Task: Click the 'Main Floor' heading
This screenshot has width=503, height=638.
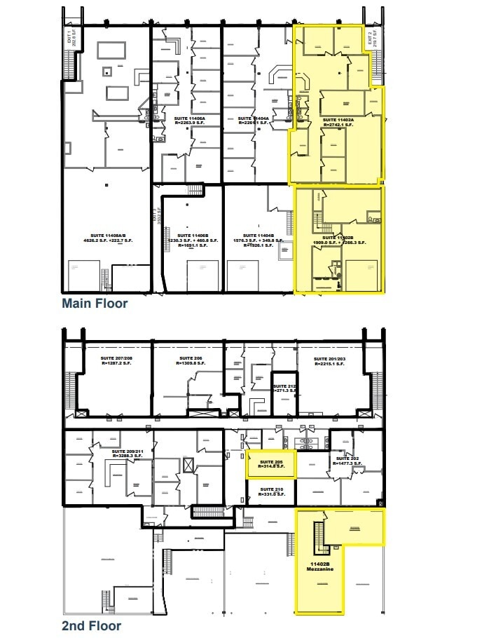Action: pyautogui.click(x=95, y=304)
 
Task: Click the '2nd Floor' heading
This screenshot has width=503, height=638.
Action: pyautogui.click(x=91, y=626)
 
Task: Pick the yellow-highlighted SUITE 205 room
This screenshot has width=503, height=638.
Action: pyautogui.click(x=270, y=464)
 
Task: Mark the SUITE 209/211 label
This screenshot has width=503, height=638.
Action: pyautogui.click(x=127, y=453)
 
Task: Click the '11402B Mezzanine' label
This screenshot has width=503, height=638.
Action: pyautogui.click(x=319, y=566)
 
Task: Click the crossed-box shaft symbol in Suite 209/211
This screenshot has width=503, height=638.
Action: pyautogui.click(x=188, y=464)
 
